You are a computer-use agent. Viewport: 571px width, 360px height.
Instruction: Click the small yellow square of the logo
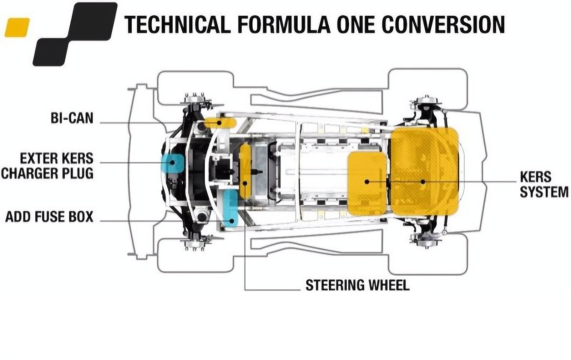click(17, 27)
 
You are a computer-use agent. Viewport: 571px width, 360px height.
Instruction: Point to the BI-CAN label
click(72, 118)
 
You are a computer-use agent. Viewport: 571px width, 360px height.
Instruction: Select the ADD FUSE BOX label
click(49, 217)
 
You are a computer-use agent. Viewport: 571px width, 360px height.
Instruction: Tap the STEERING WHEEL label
click(357, 285)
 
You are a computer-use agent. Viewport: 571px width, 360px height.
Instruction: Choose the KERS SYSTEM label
click(544, 184)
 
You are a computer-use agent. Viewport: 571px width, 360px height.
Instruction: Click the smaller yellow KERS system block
click(367, 183)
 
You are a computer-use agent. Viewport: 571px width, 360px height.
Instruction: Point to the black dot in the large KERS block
click(423, 181)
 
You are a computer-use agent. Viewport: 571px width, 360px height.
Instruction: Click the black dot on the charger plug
click(172, 162)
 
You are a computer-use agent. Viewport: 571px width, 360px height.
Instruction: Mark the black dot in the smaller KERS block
click(367, 182)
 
